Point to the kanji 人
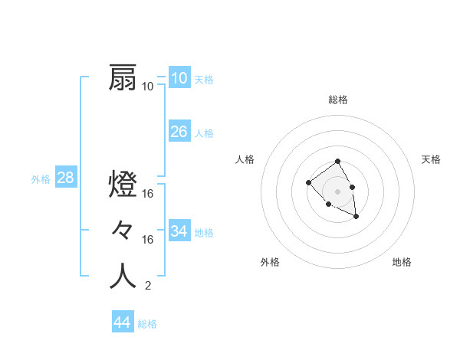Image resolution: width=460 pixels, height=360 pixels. [x=123, y=277]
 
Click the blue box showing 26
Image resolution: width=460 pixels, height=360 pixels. [x=179, y=132]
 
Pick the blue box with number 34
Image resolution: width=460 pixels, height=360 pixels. [x=179, y=231]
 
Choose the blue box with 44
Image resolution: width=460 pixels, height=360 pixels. [x=122, y=322]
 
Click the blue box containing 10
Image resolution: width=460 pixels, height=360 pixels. [x=179, y=77]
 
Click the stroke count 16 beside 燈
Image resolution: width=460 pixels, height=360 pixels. [x=148, y=194]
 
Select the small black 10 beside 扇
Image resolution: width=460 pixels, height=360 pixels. [x=148, y=87]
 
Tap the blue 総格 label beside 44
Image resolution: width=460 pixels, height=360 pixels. [x=147, y=324]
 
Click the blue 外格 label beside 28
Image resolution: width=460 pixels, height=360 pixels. [x=41, y=179]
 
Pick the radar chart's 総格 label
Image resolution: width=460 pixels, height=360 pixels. [x=338, y=100]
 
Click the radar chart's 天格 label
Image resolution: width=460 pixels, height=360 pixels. [x=432, y=159]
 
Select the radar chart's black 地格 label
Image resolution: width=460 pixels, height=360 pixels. [x=402, y=262]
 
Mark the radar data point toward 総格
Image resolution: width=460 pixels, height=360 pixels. [x=338, y=162]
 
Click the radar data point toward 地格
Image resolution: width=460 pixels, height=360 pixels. [x=356, y=218]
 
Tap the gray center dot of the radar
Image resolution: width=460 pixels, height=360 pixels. [x=338, y=191]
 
